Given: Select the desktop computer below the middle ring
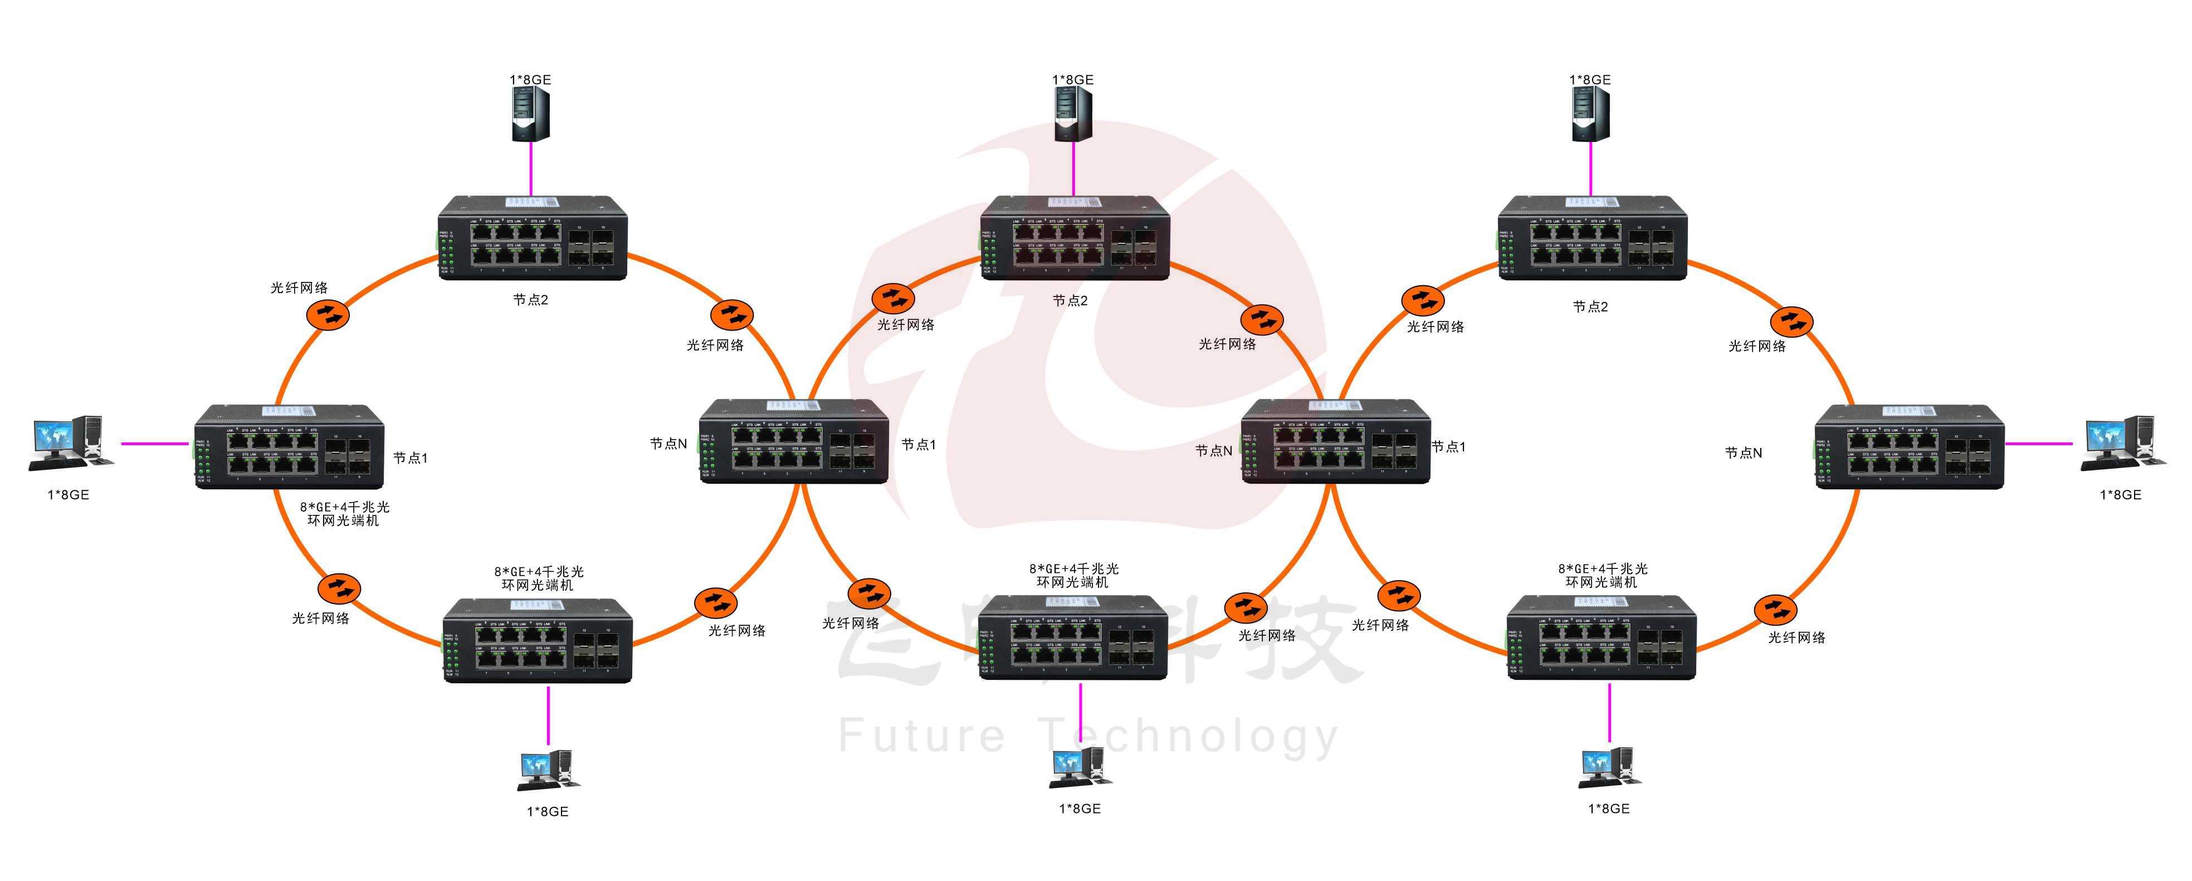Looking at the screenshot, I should click(x=1079, y=768).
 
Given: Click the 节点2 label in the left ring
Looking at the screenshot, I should click(x=530, y=300).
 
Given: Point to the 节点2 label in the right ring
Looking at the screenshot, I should click(x=1589, y=306).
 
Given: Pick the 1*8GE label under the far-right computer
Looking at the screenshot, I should click(x=2121, y=494).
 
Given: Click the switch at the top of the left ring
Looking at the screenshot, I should click(x=533, y=238).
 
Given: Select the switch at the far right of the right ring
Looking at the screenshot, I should click(x=1910, y=447).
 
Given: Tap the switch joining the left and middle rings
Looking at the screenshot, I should click(x=794, y=441).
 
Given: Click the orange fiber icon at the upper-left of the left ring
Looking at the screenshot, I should click(x=328, y=315).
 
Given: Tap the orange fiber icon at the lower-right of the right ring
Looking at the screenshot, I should click(x=1775, y=610).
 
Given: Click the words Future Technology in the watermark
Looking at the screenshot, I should click(x=1087, y=736).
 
